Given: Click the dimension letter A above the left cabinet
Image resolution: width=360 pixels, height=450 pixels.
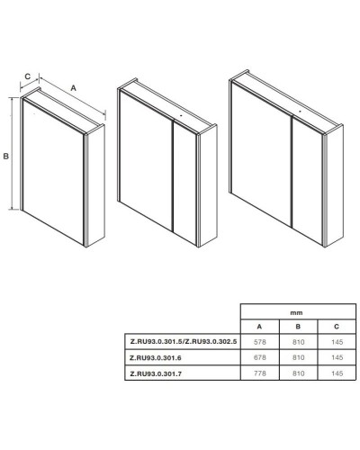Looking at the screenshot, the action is click(x=73, y=88).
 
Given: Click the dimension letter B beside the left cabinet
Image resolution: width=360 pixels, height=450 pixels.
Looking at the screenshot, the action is click(x=6, y=156).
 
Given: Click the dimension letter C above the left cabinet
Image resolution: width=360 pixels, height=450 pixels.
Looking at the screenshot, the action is click(x=27, y=76).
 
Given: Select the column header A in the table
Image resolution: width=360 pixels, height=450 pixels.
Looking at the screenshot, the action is click(x=259, y=327).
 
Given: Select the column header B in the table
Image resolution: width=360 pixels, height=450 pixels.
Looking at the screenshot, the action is click(x=298, y=327).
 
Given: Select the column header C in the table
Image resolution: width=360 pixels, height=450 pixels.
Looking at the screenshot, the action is click(x=337, y=327).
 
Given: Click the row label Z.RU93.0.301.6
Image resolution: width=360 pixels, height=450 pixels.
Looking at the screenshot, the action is click(x=156, y=357).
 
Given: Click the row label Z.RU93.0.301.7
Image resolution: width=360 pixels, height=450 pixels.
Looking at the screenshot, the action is click(x=156, y=373).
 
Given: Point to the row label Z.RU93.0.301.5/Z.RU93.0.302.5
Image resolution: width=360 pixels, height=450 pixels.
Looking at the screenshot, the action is click(x=184, y=341).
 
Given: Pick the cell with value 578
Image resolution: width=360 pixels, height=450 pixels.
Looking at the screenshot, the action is click(x=260, y=342).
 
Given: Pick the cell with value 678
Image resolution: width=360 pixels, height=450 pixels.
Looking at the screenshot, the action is click(x=260, y=357).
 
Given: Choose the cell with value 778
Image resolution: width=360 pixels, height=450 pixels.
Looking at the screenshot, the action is click(x=260, y=373).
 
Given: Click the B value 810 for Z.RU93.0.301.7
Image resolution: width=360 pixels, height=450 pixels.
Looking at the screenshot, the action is click(x=299, y=373).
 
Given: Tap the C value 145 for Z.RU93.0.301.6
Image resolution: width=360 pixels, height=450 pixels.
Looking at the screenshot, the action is click(x=337, y=357).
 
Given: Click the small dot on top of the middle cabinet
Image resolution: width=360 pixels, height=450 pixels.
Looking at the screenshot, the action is click(x=181, y=115).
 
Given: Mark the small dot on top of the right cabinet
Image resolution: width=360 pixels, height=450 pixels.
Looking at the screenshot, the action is click(x=300, y=111).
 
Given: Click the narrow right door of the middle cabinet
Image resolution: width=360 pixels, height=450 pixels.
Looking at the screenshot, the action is click(x=185, y=182).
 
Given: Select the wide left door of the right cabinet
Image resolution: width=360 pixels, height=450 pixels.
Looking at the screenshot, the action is click(x=261, y=154).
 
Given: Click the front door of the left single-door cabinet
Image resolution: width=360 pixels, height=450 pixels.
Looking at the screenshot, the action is click(x=53, y=172).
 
